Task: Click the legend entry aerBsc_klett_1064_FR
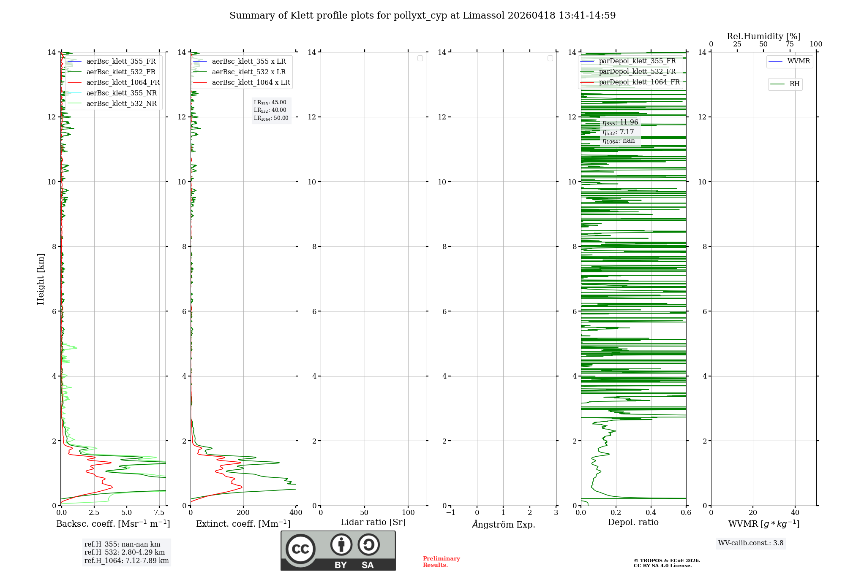pyautogui.click(x=123, y=82)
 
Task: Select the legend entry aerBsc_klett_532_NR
pyautogui.click(x=121, y=103)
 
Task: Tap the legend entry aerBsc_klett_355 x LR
pyautogui.click(x=248, y=61)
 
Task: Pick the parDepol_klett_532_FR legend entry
pyautogui.click(x=637, y=71)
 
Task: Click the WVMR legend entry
pyautogui.click(x=799, y=61)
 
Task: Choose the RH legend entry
pyautogui.click(x=794, y=84)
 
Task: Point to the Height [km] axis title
pyautogui.click(x=41, y=279)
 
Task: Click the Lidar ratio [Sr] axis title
pyautogui.click(x=373, y=522)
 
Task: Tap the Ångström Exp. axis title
pyautogui.click(x=503, y=524)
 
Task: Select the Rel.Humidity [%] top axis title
pyautogui.click(x=763, y=36)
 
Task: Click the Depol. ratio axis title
pyautogui.click(x=633, y=522)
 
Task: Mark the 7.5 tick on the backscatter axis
pyautogui.click(x=159, y=512)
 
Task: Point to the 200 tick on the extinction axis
pyautogui.click(x=243, y=512)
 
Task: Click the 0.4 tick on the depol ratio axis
pyautogui.click(x=651, y=512)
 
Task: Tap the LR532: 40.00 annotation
pyautogui.click(x=270, y=110)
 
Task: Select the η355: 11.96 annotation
pyautogui.click(x=620, y=122)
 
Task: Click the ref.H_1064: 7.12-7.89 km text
pyautogui.click(x=126, y=560)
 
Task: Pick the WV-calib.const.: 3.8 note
pyautogui.click(x=751, y=543)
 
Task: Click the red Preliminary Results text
pyautogui.click(x=441, y=561)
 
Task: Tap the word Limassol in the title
pyautogui.click(x=483, y=16)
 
